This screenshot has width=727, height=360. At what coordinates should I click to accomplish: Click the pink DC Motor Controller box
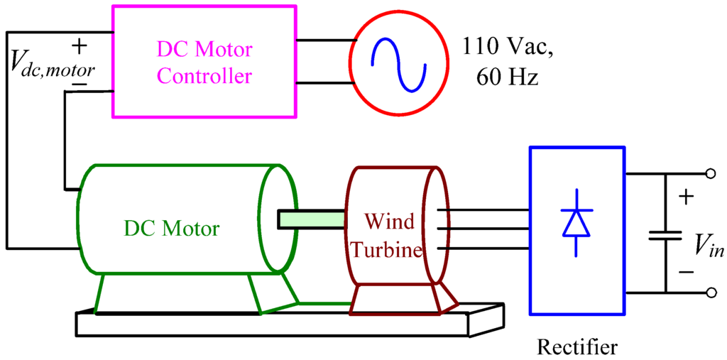click(x=204, y=62)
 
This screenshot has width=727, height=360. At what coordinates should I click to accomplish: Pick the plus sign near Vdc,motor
click(x=80, y=47)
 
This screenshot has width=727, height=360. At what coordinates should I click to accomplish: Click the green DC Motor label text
click(x=172, y=229)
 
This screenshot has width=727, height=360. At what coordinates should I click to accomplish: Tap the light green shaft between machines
click(x=311, y=220)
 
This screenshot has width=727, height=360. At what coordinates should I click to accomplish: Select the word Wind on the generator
click(x=389, y=222)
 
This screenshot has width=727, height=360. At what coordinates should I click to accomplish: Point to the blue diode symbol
click(x=576, y=222)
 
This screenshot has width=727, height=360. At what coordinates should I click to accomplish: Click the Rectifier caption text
click(x=577, y=347)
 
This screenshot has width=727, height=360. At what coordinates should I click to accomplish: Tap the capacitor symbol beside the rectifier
click(x=665, y=235)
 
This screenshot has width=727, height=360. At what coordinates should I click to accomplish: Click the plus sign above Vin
click(x=685, y=197)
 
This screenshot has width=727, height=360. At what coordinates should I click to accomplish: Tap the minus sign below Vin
click(x=686, y=271)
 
